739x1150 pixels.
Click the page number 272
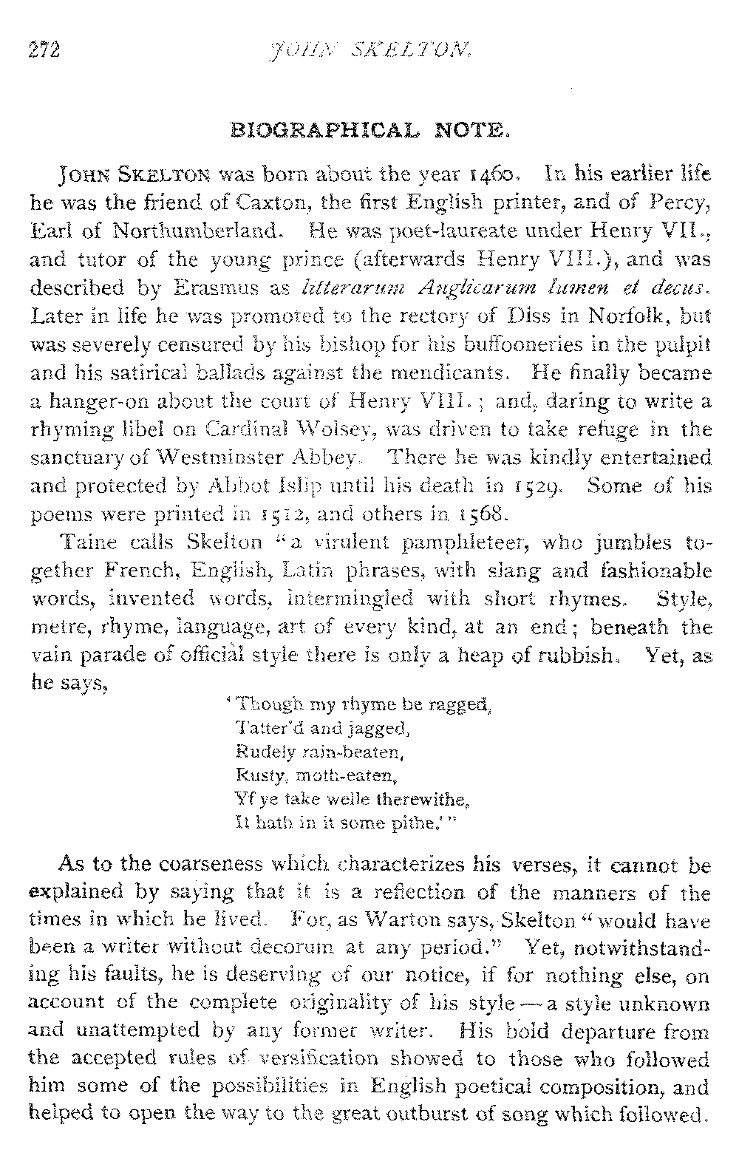point(44,51)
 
